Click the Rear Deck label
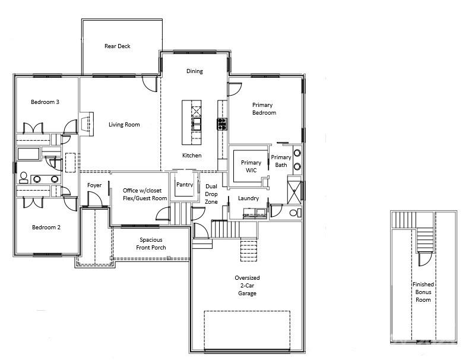[118, 46]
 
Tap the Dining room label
[194, 71]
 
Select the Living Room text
[124, 125]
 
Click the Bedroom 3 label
[45, 102]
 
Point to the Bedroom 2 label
[46, 227]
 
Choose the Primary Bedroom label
[264, 109]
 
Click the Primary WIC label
[251, 166]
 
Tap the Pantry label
[185, 185]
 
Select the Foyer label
[94, 185]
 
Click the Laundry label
[248, 198]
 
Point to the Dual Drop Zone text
[211, 194]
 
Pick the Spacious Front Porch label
[151, 244]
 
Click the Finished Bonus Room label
[423, 292]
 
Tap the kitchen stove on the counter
[221, 124]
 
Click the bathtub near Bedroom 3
[28, 154]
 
